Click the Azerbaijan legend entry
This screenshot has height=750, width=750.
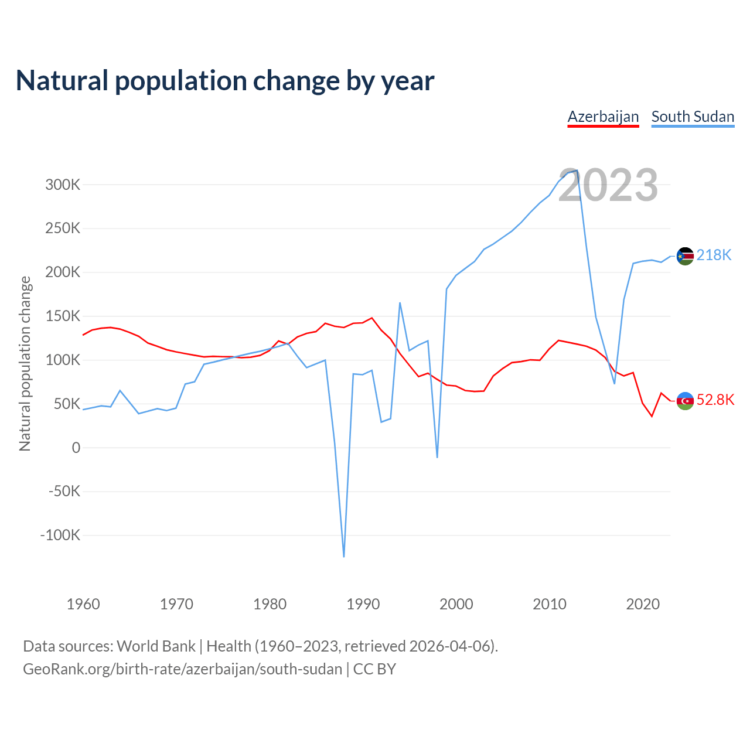coord(603,117)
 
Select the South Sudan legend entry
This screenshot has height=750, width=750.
coord(693,117)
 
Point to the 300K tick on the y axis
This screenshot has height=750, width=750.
coord(63,185)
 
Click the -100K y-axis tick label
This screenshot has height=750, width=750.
coord(60,535)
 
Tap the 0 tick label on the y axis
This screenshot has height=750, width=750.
coord(76,448)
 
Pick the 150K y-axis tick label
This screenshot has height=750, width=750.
coord(63,316)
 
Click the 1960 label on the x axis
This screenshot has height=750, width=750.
coord(83,604)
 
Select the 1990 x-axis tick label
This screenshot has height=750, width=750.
coord(363,604)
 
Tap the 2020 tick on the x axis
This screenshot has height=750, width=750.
coord(643,604)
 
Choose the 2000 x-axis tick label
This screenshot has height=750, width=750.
coord(456,604)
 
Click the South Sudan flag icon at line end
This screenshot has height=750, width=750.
coord(685,256)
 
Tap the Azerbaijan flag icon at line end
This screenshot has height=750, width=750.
coord(685,401)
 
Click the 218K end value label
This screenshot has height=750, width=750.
coord(714,255)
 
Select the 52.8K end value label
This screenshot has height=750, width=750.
coord(715,400)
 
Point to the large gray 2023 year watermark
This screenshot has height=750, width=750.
coord(608,186)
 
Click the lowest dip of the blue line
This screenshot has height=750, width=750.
coord(344,556)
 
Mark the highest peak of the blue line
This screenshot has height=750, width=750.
coord(577,171)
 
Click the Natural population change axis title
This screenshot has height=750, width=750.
coord(25,363)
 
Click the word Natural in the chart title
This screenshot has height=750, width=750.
coord(62,81)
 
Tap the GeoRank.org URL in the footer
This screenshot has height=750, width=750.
coord(182,669)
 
